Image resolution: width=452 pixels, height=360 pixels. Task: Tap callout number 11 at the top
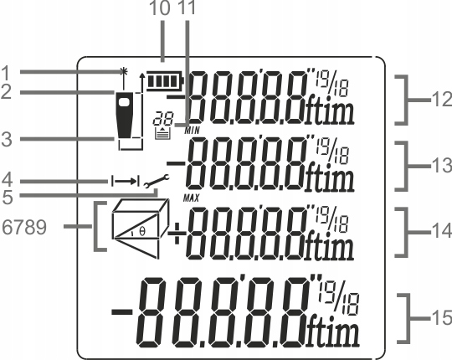(184, 10)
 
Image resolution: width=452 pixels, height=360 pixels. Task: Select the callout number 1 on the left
(7, 71)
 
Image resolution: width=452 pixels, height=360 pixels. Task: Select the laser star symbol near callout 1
(123, 71)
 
